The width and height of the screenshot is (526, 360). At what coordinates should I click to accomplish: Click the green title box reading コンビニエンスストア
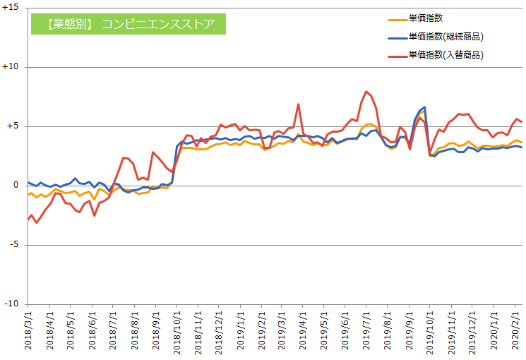tap(127, 24)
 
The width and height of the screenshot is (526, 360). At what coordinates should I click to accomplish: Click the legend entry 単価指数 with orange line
tap(426, 18)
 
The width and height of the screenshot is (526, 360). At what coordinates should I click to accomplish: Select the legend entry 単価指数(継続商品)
tap(445, 36)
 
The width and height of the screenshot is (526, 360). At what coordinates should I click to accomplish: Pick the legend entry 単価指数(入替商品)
tap(445, 54)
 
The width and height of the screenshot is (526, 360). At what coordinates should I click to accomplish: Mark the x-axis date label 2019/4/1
tap(303, 332)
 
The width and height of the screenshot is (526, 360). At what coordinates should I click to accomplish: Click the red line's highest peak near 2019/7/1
tap(366, 92)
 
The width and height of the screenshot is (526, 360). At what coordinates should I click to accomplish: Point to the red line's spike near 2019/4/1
tap(299, 104)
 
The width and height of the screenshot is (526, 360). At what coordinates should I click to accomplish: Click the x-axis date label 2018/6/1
tap(92, 332)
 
